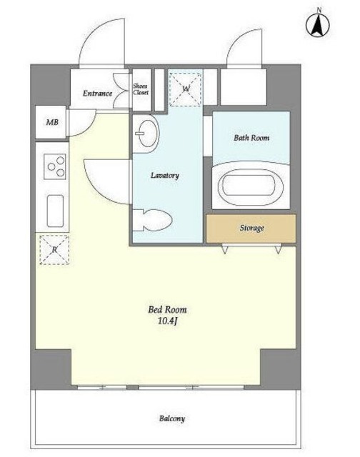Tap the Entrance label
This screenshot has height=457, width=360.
tap(97, 94)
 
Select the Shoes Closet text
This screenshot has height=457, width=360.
tap(141, 89)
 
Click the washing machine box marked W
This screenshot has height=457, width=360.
tap(186, 89)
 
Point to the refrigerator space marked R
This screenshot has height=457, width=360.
tap(54, 250)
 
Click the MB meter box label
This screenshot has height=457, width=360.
tap(52, 122)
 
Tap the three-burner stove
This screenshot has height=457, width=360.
tap(55, 166)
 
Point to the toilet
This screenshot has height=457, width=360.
tap(152, 220)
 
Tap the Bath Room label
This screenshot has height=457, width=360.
tap(251, 138)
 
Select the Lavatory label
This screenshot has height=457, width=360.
tap(165, 176)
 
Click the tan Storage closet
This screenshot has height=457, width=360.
tap(251, 228)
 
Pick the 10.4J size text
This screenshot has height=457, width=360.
tap(168, 321)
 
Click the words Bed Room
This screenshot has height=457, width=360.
tap(167, 309)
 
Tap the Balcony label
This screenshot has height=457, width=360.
tap(172, 418)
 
